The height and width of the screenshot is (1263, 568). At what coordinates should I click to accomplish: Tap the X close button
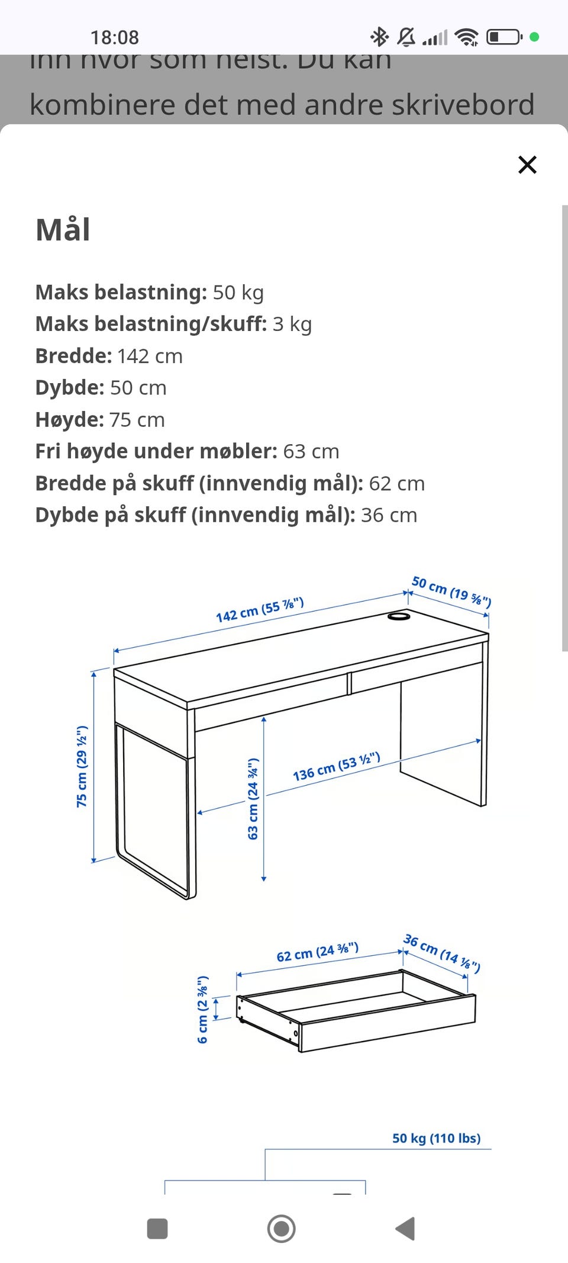527,165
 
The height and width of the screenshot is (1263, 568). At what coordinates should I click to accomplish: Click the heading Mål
63,230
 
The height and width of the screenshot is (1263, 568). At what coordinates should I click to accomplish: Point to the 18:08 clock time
114,37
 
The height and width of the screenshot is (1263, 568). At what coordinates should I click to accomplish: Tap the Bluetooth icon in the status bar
379,37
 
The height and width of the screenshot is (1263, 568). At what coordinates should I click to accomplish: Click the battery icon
504,37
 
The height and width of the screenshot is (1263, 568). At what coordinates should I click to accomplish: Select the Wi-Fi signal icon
467,37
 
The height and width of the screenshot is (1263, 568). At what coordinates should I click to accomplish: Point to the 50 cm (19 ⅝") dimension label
451,592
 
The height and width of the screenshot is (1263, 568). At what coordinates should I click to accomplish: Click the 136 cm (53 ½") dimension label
336,767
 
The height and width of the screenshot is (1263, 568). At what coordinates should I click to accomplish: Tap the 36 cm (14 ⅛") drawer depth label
441,953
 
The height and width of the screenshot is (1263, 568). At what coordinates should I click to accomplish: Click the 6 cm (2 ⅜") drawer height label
202,1010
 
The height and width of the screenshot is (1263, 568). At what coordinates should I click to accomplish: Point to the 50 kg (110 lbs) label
436,1138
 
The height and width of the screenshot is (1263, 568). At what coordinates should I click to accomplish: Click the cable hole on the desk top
399,616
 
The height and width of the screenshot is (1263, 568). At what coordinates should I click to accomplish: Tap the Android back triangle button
405,1229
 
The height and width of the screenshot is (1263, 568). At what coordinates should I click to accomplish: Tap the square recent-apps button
157,1229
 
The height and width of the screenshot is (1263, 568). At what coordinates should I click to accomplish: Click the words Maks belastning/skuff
151,324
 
